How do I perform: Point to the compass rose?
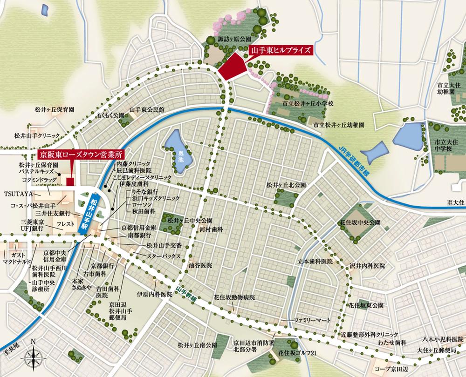[x=33, y=357]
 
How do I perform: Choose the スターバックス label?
[x=163, y=256]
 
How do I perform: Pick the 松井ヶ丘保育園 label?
[x=55, y=110]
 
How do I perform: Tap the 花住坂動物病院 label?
[x=234, y=296]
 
